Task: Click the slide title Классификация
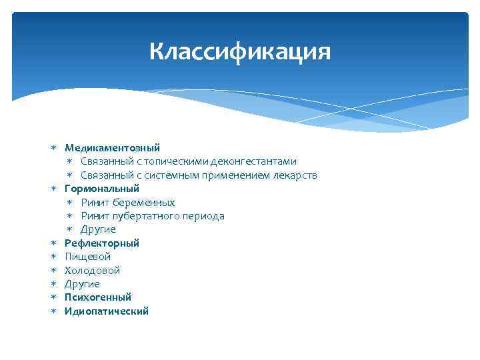pos(239,51)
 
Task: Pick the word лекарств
pos(294,175)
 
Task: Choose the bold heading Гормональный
pos(101,189)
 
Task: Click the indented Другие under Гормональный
pos(98,229)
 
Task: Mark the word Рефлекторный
pos(101,243)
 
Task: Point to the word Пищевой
pos(87,257)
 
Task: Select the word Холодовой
pos(92,271)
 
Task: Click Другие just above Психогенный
pos(82,284)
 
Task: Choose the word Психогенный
pos(98,297)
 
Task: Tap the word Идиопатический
pos(107,311)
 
